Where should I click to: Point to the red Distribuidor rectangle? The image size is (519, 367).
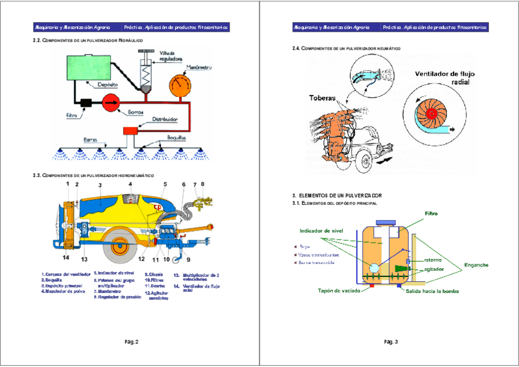[132, 130]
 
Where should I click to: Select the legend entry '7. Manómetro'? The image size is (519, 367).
[110, 291]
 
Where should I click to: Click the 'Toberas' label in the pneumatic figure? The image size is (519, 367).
[323, 98]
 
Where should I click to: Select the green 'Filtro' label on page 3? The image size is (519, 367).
[432, 214]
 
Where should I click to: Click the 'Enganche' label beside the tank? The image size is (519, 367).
[476, 265]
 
